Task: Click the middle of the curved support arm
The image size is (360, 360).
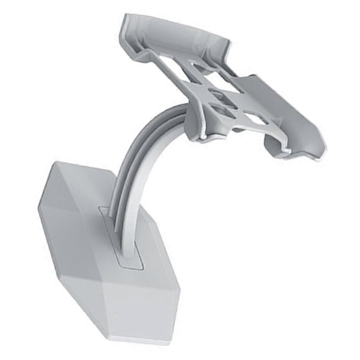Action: pos(138,162)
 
